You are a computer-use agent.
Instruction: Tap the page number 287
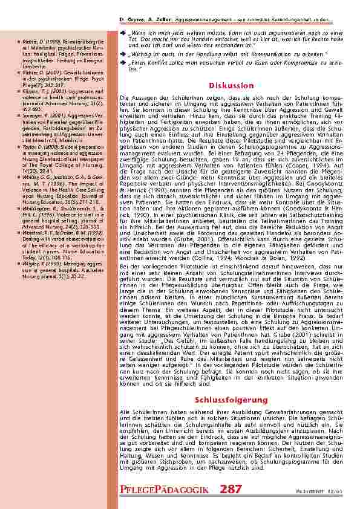(231, 489)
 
